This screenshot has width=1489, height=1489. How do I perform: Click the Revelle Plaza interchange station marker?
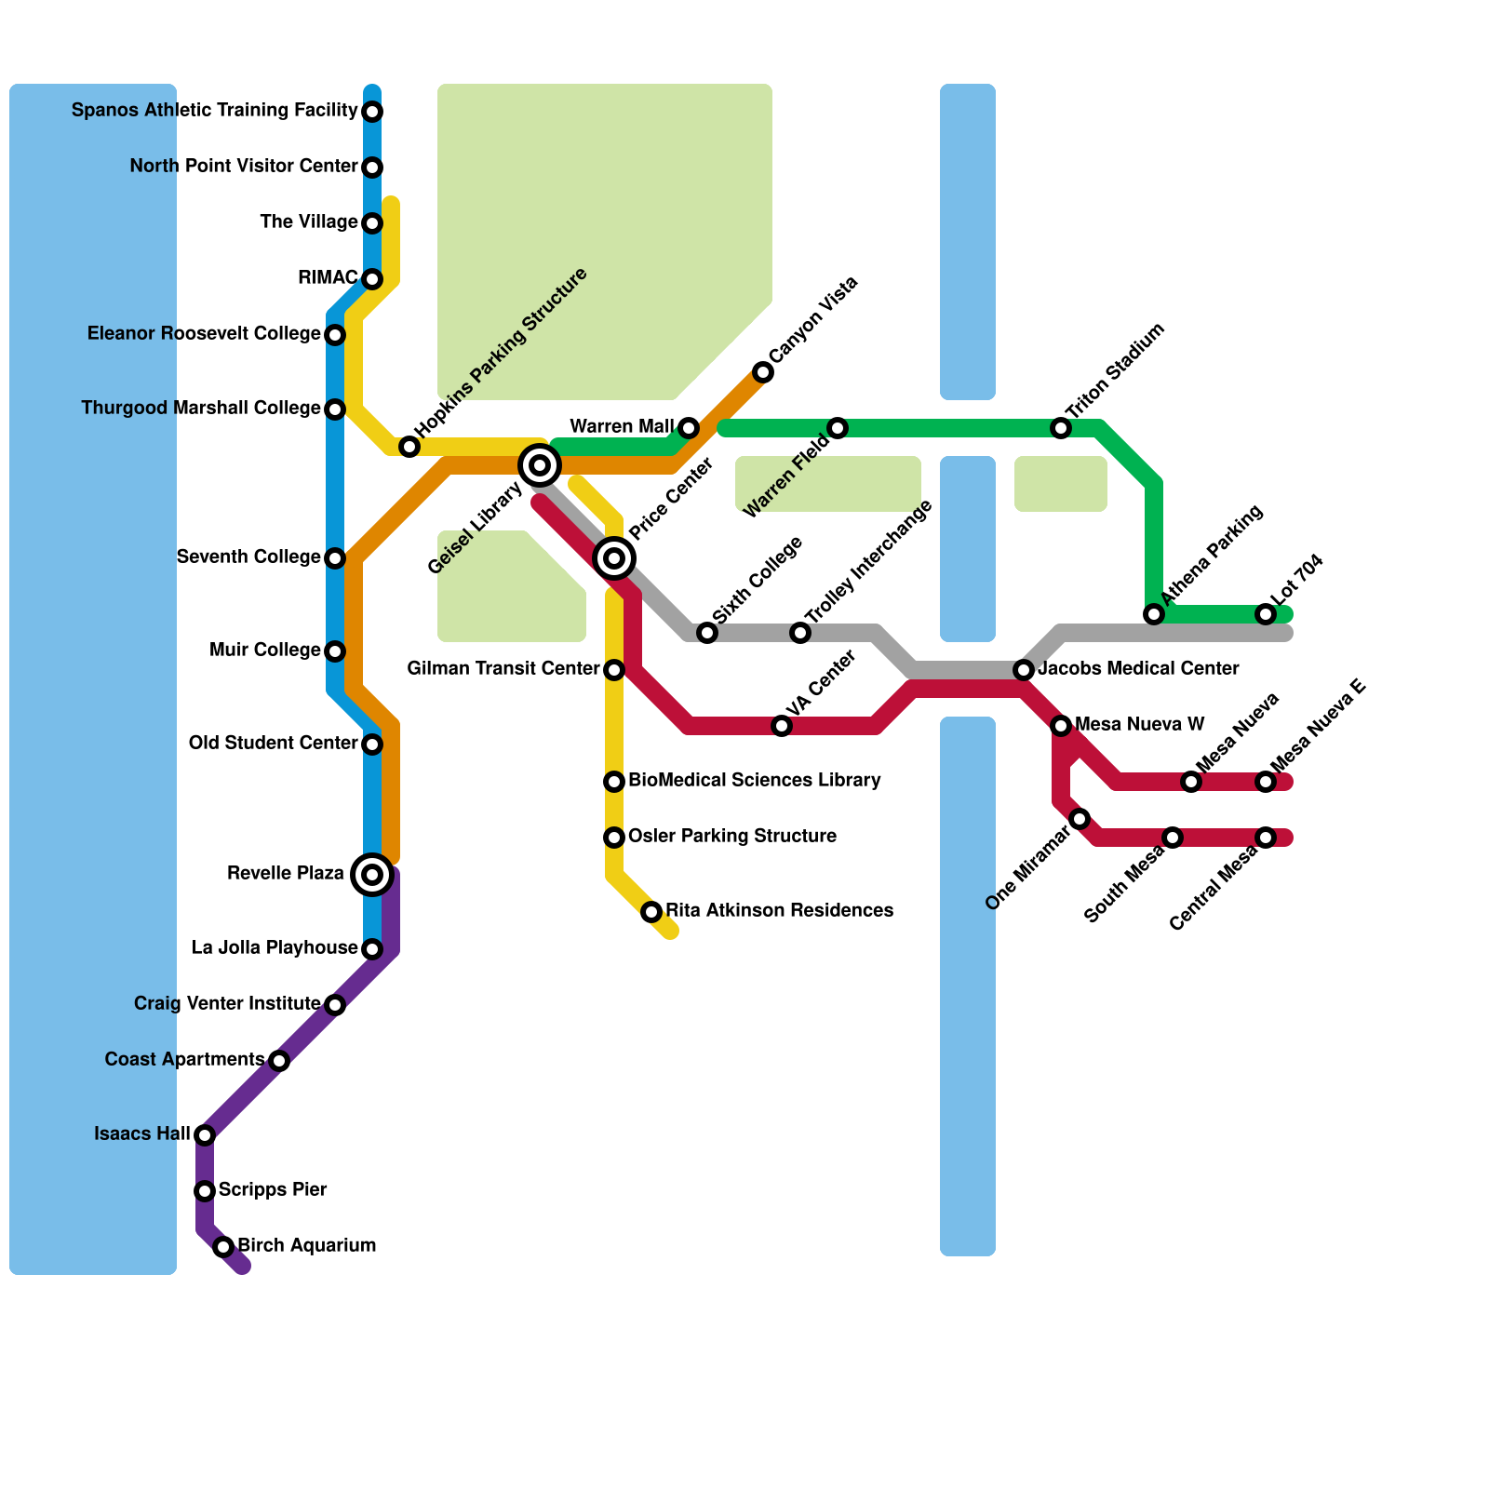(x=372, y=875)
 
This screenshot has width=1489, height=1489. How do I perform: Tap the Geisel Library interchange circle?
(x=540, y=464)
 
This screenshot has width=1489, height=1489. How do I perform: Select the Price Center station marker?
(x=614, y=558)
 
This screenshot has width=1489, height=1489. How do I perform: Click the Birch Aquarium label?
(x=306, y=1246)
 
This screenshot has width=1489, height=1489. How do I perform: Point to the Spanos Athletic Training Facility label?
(x=214, y=111)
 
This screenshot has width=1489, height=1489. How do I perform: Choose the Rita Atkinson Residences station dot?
(x=651, y=912)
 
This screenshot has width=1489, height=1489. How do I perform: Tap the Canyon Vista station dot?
(x=763, y=372)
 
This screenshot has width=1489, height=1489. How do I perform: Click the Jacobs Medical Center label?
(x=1138, y=669)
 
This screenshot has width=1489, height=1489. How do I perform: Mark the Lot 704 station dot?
(x=1266, y=614)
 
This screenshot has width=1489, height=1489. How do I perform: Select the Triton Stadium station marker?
(x=1061, y=428)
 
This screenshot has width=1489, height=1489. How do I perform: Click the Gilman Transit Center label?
(x=503, y=669)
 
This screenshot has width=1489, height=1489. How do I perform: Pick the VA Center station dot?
(x=782, y=726)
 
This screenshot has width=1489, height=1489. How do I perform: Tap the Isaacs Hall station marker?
(x=205, y=1135)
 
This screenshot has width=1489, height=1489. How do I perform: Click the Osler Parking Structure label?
(x=731, y=837)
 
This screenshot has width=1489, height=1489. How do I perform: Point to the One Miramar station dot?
(x=1080, y=819)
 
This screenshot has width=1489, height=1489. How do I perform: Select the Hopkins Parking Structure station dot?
(x=409, y=447)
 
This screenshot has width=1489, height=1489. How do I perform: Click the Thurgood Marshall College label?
(x=200, y=409)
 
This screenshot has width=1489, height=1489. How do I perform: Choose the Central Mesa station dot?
(x=1266, y=838)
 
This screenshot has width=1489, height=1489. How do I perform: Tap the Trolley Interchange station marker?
(x=800, y=633)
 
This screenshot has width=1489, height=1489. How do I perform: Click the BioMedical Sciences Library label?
(x=754, y=781)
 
